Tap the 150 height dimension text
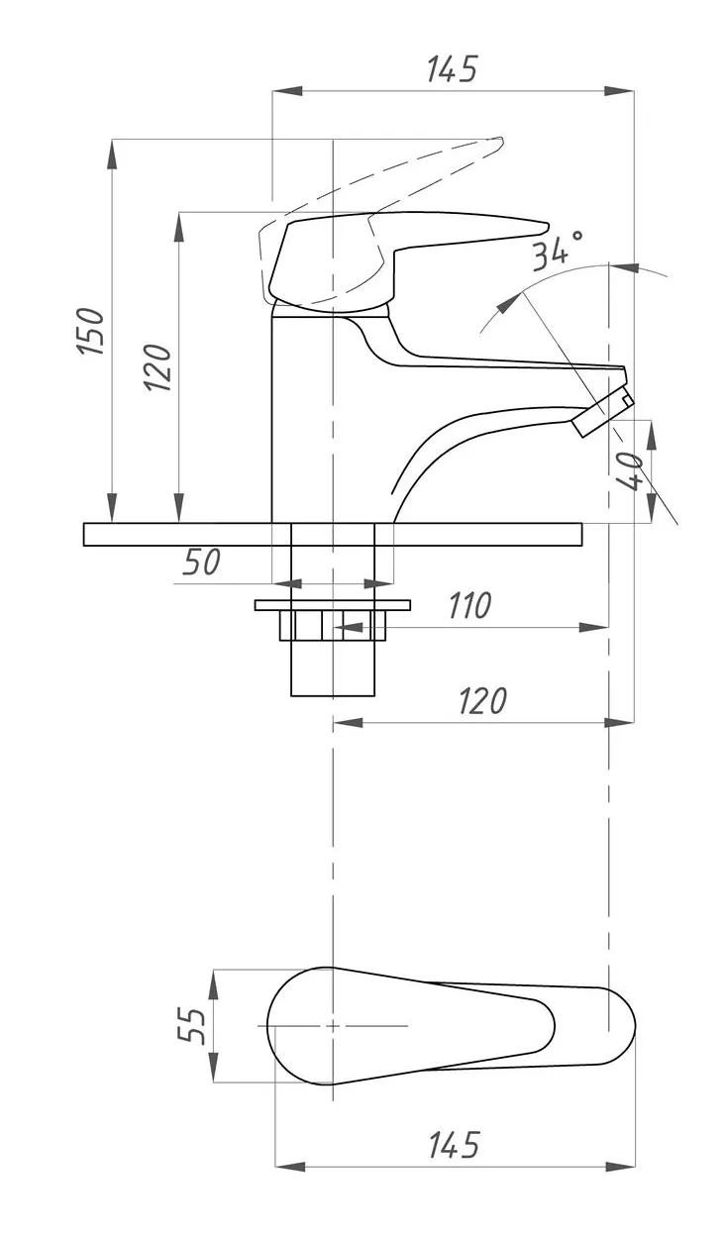click(92, 332)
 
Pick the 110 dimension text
click(468, 605)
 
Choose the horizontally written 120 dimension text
click(482, 700)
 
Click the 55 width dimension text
click(190, 1025)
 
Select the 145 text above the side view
click(452, 70)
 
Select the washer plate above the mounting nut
click(332, 604)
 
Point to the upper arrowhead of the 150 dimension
click(112, 150)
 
